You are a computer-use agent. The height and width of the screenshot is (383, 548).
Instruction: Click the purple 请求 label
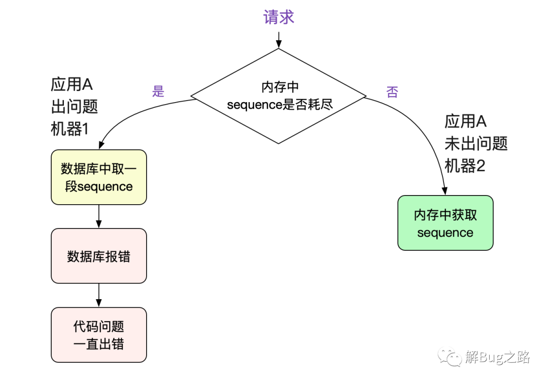pos(279,17)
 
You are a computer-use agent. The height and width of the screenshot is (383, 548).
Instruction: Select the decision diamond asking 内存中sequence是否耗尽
pos(279,96)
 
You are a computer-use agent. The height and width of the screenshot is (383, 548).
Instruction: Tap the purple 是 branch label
pos(158,91)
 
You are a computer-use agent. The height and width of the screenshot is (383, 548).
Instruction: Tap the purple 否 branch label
pos(392,92)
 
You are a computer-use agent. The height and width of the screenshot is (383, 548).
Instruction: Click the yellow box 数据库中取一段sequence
pos(99,177)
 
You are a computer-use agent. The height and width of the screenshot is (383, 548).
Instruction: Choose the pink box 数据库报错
pos(99,256)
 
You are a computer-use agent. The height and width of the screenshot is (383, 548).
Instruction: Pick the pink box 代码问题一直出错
pos(99,335)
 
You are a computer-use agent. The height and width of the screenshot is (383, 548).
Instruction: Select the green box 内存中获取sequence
pos(446,223)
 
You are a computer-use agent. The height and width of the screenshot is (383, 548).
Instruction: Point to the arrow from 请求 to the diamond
pos(279,40)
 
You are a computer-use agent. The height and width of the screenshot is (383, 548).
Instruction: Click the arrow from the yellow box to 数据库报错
pos(99,216)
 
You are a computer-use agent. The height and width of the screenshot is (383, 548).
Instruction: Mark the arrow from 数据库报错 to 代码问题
pos(99,295)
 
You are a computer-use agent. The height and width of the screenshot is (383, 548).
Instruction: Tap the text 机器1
pos(70,129)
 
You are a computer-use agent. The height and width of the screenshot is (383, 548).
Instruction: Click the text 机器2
pos(465,166)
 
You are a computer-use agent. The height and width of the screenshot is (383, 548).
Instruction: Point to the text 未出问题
pos(476,143)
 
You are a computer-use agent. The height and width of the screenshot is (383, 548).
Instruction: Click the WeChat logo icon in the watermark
pos(450,357)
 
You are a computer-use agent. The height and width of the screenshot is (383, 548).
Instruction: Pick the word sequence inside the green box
pos(446,233)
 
